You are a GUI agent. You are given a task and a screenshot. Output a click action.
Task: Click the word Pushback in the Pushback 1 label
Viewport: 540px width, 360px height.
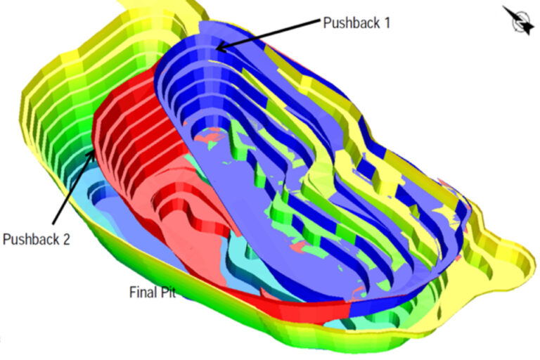[x=350, y=22]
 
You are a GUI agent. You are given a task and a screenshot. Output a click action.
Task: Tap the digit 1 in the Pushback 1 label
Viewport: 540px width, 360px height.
[x=386, y=22]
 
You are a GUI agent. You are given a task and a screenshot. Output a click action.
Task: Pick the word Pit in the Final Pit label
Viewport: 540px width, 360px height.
[x=168, y=292]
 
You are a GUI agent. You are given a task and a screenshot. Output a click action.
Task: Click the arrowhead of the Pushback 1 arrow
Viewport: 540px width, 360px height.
[x=219, y=48]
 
